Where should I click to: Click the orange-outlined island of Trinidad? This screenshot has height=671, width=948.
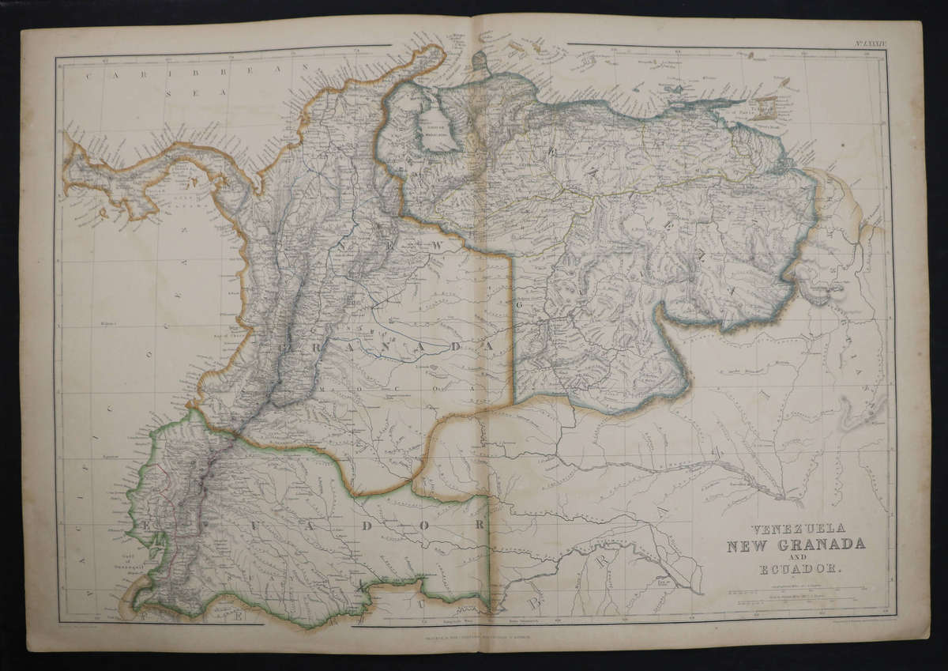coord(765,107)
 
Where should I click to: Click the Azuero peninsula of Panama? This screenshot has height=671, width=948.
coord(134,207)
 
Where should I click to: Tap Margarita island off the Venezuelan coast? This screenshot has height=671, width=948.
coord(679,81)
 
